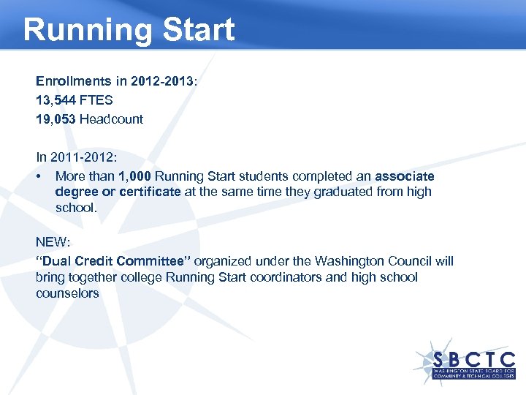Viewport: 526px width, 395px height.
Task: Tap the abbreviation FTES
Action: click(97, 99)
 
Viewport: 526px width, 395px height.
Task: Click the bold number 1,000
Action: click(135, 176)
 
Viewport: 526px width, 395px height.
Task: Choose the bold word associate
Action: click(405, 176)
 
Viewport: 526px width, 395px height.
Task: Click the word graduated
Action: click(351, 192)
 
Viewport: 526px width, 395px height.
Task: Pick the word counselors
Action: click(67, 293)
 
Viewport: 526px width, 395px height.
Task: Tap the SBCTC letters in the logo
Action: click(473, 360)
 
